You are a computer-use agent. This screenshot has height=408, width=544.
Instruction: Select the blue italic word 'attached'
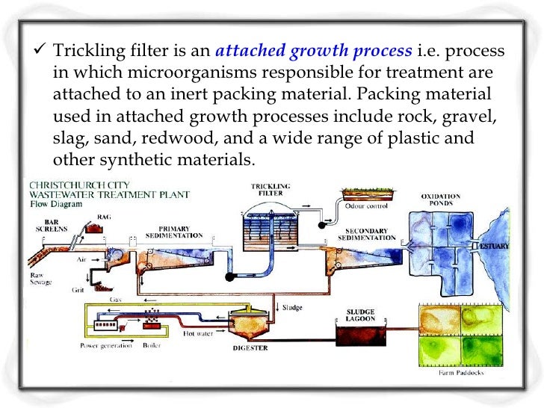(x=248, y=55)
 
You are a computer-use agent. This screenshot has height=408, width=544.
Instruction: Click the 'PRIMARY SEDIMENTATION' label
(x=179, y=232)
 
